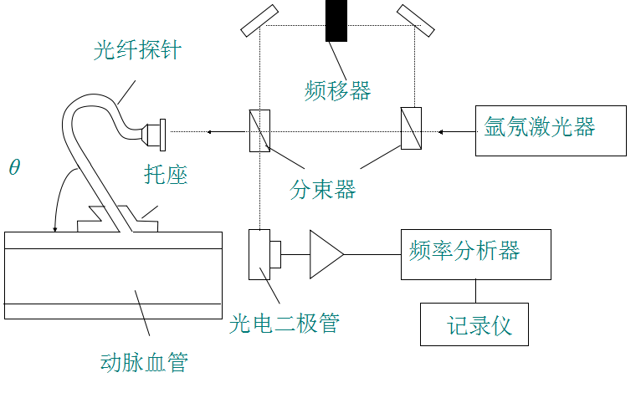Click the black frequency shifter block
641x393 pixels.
coord(336,21)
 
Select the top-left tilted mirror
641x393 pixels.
coord(259,20)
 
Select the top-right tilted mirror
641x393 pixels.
coord(415,20)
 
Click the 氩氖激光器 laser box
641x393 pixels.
coord(550,130)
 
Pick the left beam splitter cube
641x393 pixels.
coord(259,130)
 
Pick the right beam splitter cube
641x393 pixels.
coord(411,129)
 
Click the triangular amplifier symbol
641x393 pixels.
coord(326,253)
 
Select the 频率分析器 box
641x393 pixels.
coord(475,253)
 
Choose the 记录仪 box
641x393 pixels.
coord(475,324)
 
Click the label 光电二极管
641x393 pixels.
coord(285,323)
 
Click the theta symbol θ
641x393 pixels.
coord(14,166)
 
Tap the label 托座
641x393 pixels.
coord(166,174)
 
